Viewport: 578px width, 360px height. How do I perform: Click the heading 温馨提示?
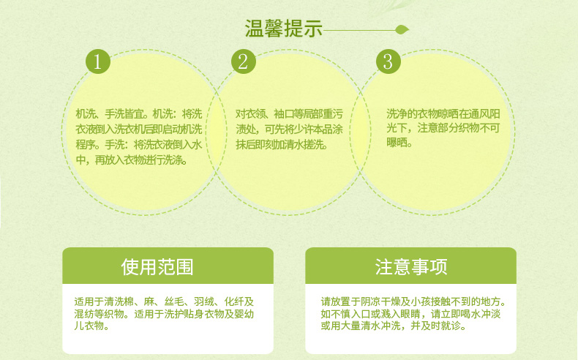pyautogui.click(x=283, y=29)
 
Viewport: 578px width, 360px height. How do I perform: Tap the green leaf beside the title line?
pyautogui.click(x=402, y=29)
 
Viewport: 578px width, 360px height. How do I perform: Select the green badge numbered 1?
pyautogui.click(x=98, y=61)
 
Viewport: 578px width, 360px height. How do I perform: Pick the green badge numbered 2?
pyautogui.click(x=244, y=61)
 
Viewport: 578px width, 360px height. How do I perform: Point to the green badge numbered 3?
pyautogui.click(x=389, y=61)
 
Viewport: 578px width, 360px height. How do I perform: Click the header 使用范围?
pyautogui.click(x=157, y=267)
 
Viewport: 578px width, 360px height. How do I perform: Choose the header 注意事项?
pyautogui.click(x=411, y=267)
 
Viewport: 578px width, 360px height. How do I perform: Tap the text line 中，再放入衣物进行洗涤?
pyautogui.click(x=132, y=160)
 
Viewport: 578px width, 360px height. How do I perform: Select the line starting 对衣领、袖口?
pyautogui.click(x=290, y=114)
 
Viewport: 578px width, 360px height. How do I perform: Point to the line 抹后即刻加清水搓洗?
pyautogui.click(x=282, y=144)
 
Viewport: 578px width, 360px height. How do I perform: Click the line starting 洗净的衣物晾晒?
pyautogui.click(x=443, y=113)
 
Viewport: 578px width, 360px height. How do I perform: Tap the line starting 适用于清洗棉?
pyautogui.click(x=164, y=301)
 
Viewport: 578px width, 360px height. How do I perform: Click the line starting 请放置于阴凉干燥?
pyautogui.click(x=413, y=301)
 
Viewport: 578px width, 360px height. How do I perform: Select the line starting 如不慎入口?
pyautogui.click(x=410, y=314)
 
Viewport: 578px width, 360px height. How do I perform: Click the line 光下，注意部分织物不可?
pyautogui.click(x=443, y=128)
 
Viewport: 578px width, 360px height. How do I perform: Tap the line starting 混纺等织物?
pyautogui.click(x=164, y=314)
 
